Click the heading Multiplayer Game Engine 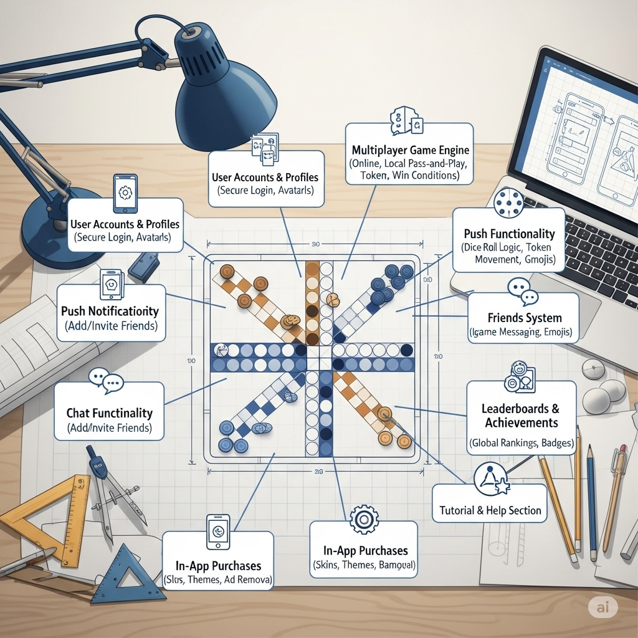click(411, 150)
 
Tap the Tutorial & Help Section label click(490, 510)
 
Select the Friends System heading click(524, 318)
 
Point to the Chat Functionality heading click(109, 412)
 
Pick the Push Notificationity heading click(110, 311)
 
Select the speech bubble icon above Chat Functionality click(103, 380)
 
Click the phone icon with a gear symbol click(125, 193)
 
